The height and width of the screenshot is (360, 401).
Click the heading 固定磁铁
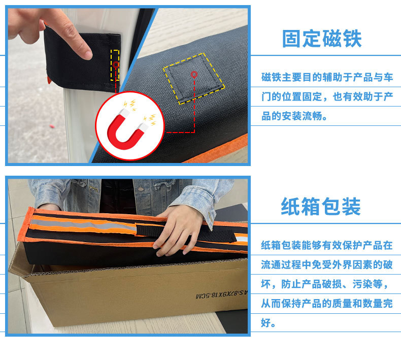click(x=322, y=39)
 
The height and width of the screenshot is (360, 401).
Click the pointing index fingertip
click(x=84, y=51)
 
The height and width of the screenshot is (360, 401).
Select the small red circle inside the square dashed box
click(x=194, y=75)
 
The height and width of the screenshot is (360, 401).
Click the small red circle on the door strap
click(x=116, y=65)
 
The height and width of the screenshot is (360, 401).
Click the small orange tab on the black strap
click(x=48, y=80)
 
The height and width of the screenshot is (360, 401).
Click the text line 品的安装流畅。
click(x=294, y=116)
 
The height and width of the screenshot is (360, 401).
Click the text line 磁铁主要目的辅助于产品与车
click(x=327, y=77)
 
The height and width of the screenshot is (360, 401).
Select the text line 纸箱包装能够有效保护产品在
click(x=327, y=245)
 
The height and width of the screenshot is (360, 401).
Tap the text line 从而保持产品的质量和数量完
click(x=327, y=304)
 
